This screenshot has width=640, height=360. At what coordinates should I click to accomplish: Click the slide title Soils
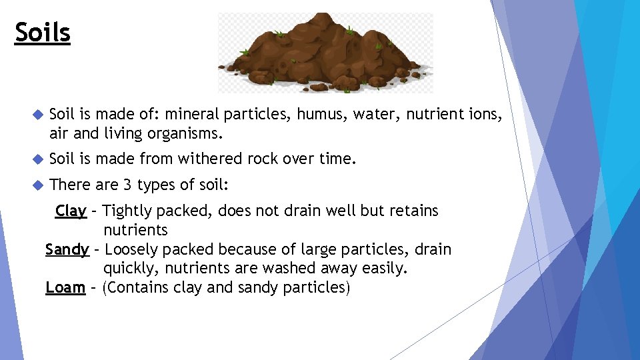pyautogui.click(x=42, y=32)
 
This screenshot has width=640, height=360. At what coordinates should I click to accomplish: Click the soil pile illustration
pyautogui.click(x=325, y=53)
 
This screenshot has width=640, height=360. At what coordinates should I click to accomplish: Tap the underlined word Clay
pyautogui.click(x=71, y=211)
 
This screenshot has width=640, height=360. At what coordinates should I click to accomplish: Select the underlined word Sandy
pyautogui.click(x=67, y=250)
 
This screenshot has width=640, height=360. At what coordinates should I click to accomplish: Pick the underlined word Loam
pyautogui.click(x=65, y=288)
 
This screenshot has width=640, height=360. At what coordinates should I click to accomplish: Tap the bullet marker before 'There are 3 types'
pyautogui.click(x=37, y=184)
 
